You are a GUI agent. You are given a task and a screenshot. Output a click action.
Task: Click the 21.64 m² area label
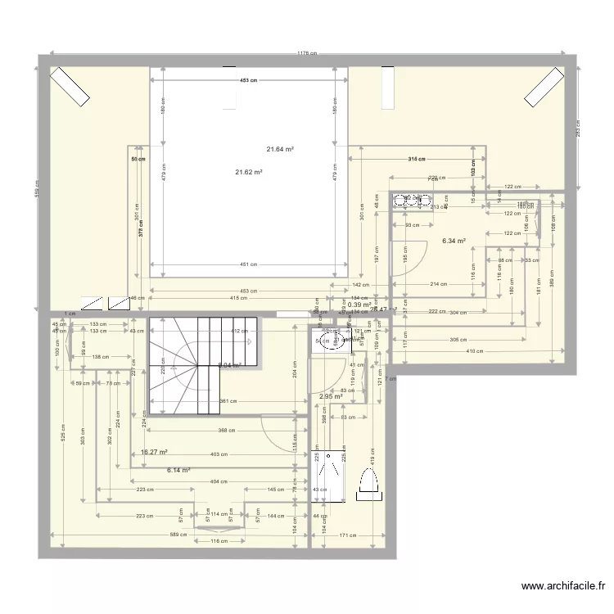280,149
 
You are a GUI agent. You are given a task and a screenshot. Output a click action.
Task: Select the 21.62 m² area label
249,172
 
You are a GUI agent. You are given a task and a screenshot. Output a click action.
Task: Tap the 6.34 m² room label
454,242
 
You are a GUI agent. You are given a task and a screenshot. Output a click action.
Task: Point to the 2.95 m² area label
330,397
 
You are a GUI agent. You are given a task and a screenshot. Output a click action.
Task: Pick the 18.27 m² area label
154,452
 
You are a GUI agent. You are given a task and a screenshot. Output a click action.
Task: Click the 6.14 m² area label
178,470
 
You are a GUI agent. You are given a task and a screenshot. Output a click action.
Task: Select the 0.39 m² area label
358,305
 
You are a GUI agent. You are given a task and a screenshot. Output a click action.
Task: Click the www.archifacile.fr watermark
565,586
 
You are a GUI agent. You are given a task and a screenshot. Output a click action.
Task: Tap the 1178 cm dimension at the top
307,53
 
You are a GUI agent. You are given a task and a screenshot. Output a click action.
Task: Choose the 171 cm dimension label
347,535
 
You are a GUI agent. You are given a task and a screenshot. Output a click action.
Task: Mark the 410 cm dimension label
476,351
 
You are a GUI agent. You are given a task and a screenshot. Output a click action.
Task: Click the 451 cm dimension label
249,264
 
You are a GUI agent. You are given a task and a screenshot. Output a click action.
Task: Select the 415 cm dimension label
238,298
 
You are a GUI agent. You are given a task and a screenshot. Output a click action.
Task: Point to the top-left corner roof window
70,87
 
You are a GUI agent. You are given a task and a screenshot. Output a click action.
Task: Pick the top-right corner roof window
544,87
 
